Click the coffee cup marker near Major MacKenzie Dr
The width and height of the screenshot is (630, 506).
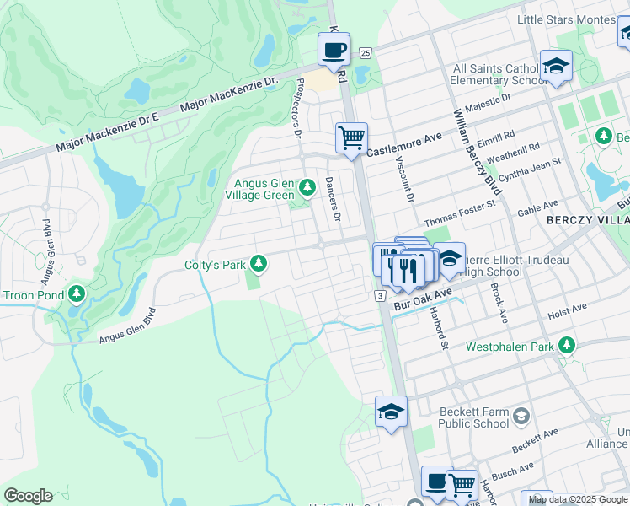pos(334,50)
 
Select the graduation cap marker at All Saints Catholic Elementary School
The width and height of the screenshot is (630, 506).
pos(556,66)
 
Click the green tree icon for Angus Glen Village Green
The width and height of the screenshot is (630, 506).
pos(307,186)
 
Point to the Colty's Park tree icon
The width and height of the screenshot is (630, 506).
pos(259,265)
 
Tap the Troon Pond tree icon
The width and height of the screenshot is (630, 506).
pos(77,294)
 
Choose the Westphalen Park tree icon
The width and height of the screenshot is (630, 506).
pos(568,345)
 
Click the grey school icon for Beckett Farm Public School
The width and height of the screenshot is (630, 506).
pos(521,417)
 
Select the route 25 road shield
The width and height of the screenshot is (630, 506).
pos(364,53)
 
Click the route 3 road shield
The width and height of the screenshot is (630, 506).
pos(381,295)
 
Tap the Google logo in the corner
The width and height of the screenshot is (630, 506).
pos(28,496)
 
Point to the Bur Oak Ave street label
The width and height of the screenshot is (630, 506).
pos(425,297)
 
